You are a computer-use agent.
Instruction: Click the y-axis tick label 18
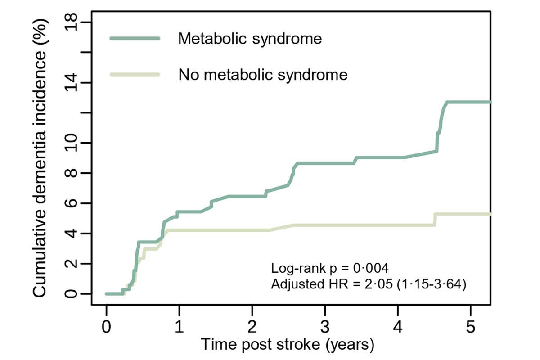click(72, 22)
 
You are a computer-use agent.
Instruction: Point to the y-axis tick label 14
click(72, 83)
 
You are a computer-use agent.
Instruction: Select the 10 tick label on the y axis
click(72, 143)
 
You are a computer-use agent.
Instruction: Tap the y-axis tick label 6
click(72, 203)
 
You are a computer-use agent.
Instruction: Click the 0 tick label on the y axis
click(72, 294)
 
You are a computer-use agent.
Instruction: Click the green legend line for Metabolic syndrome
click(135, 39)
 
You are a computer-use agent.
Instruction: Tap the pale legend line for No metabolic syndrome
click(135, 74)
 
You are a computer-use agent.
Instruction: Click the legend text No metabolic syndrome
click(263, 74)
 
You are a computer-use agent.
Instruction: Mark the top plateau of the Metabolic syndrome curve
click(468, 103)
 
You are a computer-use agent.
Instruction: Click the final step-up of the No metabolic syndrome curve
click(435, 219)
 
